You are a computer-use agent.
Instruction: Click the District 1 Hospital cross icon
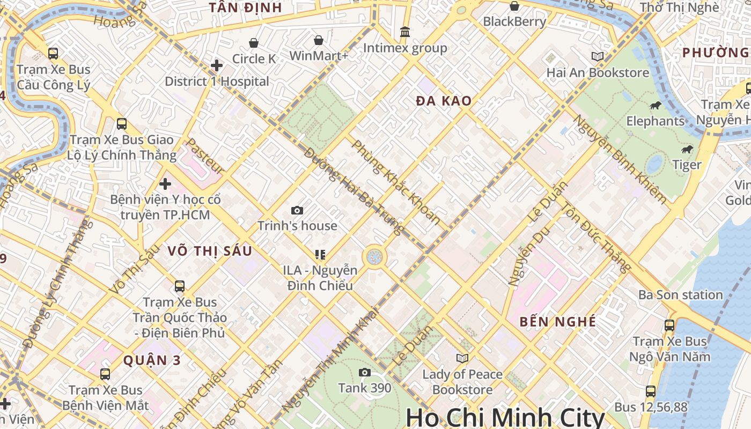tap(217, 65)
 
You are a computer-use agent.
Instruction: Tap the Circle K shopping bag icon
tap(254, 43)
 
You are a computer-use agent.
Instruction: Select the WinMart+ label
tap(319, 56)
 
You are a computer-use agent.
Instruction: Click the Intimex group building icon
tap(405, 32)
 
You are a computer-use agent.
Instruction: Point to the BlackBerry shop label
tap(514, 21)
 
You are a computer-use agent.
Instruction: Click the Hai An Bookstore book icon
tap(597, 56)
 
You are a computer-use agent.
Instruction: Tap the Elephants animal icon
tap(655, 105)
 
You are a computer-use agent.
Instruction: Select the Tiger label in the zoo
tap(687, 165)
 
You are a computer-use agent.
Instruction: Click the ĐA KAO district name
tap(444, 101)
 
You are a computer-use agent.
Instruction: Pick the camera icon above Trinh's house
tap(297, 211)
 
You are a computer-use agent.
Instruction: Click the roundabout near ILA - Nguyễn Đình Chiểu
tap(374, 256)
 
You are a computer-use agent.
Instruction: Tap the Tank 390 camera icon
tap(365, 372)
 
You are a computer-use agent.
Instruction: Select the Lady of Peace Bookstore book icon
tap(462, 358)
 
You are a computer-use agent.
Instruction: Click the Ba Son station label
tap(680, 295)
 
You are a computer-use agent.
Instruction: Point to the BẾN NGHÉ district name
tap(558, 322)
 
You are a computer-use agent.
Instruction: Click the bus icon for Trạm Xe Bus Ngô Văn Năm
tap(669, 325)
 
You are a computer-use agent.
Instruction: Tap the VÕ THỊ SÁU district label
tap(209, 251)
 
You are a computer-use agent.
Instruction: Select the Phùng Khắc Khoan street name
tap(396, 182)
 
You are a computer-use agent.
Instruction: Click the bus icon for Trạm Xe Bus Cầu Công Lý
tap(53, 54)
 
